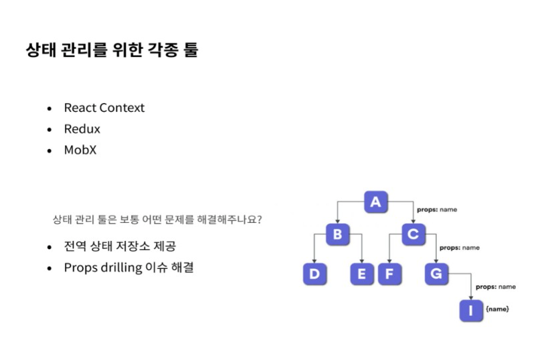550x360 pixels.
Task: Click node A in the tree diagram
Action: (x=376, y=201)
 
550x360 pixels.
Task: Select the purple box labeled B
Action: (x=337, y=234)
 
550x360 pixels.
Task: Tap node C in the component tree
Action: (x=414, y=234)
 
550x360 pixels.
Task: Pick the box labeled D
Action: (x=314, y=274)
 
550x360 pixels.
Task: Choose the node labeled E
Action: (x=361, y=274)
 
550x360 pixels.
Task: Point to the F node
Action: (x=389, y=274)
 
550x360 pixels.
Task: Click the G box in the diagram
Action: (x=436, y=274)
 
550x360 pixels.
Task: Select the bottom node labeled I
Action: (x=471, y=310)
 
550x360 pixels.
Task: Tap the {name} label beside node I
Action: (x=497, y=309)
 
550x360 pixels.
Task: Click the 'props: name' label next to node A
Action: (x=437, y=209)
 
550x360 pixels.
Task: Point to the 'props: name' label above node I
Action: (x=495, y=286)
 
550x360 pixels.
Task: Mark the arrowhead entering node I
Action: (x=471, y=296)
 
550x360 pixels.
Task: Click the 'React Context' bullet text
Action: (x=104, y=108)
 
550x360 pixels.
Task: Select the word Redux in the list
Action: (x=82, y=128)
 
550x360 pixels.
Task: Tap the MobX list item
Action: (x=80, y=150)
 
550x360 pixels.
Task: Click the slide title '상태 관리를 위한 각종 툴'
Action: (x=112, y=50)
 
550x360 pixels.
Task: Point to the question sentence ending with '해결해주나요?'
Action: (x=157, y=219)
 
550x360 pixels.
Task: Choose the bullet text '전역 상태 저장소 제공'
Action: (x=120, y=246)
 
